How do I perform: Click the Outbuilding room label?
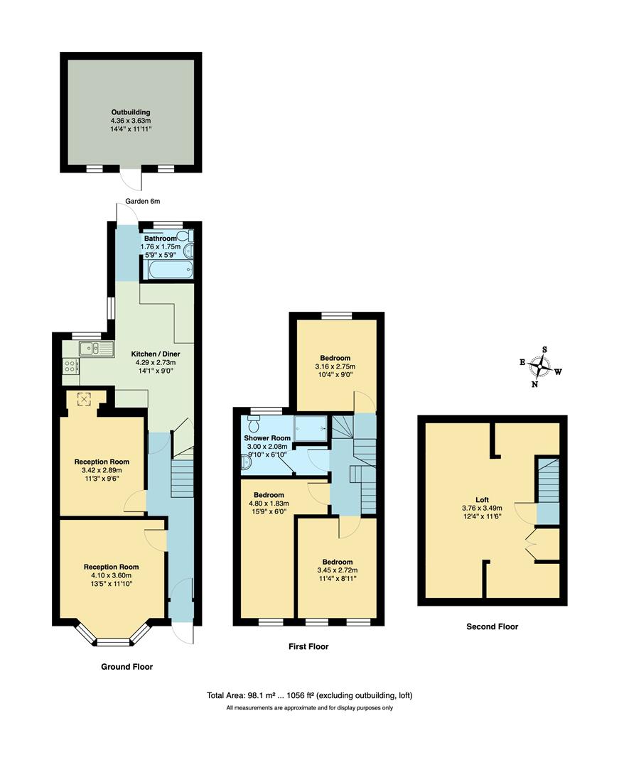[x=130, y=112]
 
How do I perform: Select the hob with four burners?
[x=71, y=366]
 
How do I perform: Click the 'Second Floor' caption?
[x=492, y=626]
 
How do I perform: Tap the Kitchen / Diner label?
[x=154, y=353]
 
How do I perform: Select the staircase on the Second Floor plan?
[x=548, y=479]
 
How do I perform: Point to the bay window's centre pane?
[x=114, y=642]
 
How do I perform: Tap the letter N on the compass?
[x=535, y=384]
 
